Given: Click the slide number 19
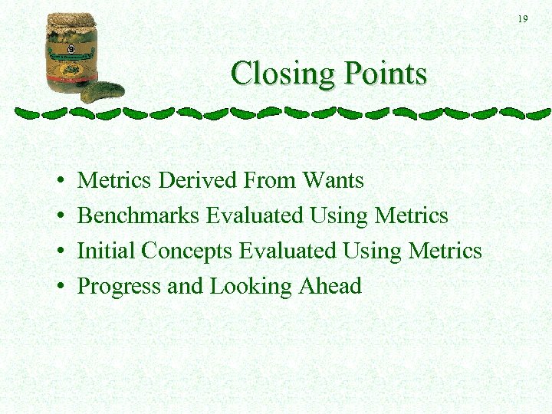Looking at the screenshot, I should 522,18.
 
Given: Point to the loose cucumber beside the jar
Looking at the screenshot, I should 103,92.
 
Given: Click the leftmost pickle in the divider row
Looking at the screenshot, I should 28,113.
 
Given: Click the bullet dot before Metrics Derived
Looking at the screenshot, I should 60,182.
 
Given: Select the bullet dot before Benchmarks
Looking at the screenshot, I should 60,217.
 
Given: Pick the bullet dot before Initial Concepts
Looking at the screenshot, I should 60,252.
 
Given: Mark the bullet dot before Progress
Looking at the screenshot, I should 60,287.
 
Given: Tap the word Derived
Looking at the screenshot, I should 197,180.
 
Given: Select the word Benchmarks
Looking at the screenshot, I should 139,215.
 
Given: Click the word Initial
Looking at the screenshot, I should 107,251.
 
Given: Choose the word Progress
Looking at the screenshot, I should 119,287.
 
